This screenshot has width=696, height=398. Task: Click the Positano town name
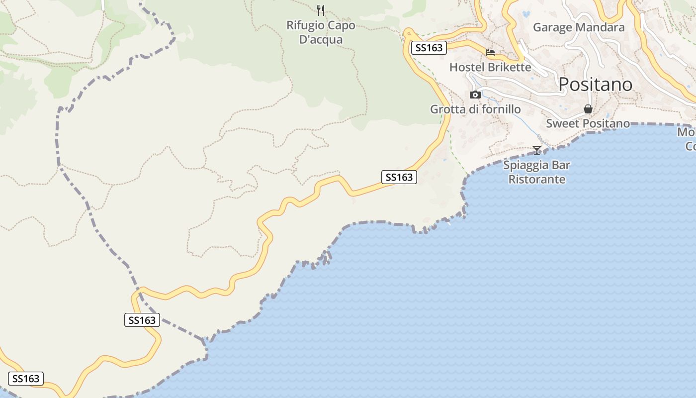(595, 85)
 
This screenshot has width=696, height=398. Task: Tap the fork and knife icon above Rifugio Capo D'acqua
(321, 10)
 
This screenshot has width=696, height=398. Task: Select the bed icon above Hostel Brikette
(490, 52)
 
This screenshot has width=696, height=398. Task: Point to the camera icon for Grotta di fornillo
(475, 95)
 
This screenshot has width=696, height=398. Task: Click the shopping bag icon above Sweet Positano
(588, 109)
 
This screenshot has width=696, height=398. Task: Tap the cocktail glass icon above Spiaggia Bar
(537, 150)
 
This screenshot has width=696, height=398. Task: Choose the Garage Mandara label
(579, 27)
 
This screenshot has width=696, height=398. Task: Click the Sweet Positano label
(588, 123)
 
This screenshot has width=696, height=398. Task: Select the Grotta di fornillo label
(475, 109)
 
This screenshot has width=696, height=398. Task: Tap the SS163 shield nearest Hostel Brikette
(429, 48)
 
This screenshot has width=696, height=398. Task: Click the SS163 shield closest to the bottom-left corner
(26, 379)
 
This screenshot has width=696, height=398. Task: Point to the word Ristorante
(537, 179)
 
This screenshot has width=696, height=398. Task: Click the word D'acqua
(321, 39)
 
